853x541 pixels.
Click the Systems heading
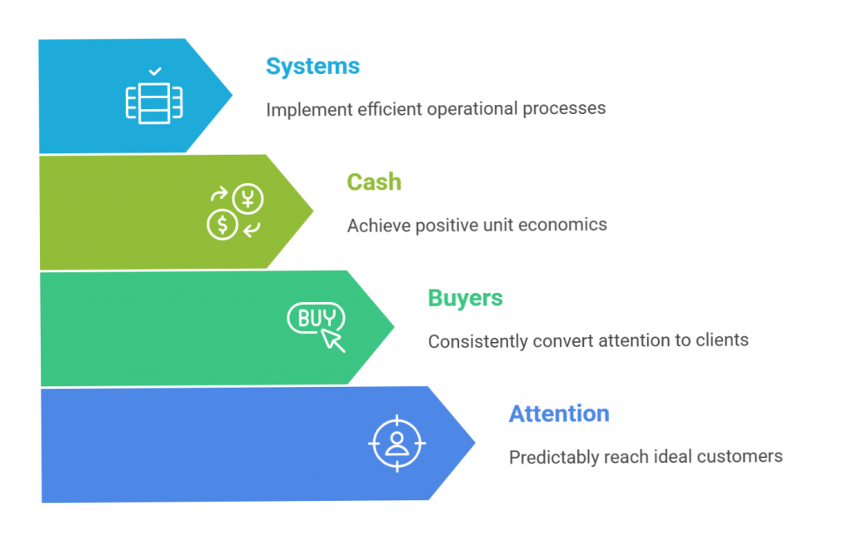point(312,67)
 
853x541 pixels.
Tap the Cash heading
point(374,182)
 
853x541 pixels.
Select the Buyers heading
point(465,298)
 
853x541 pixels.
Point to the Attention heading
point(559,414)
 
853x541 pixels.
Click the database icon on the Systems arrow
point(154,102)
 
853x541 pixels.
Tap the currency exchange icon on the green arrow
point(235,211)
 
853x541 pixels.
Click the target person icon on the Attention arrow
point(397,443)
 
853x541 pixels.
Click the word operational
point(473,109)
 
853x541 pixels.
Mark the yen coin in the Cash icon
point(247,199)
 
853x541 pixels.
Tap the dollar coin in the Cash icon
point(222,224)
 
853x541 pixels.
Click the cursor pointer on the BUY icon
point(334,340)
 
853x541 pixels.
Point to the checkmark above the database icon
point(155,72)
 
